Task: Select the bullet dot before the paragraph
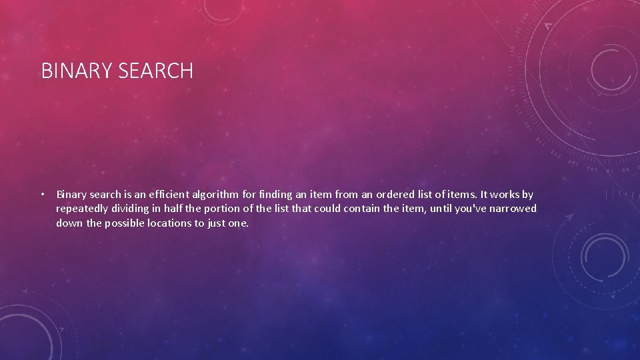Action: pyautogui.click(x=42, y=195)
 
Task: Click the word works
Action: pyautogui.click(x=504, y=195)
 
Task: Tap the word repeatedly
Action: pyautogui.click(x=83, y=209)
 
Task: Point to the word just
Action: pyautogui.click(x=217, y=223)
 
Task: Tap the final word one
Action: pyautogui.click(x=239, y=223)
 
